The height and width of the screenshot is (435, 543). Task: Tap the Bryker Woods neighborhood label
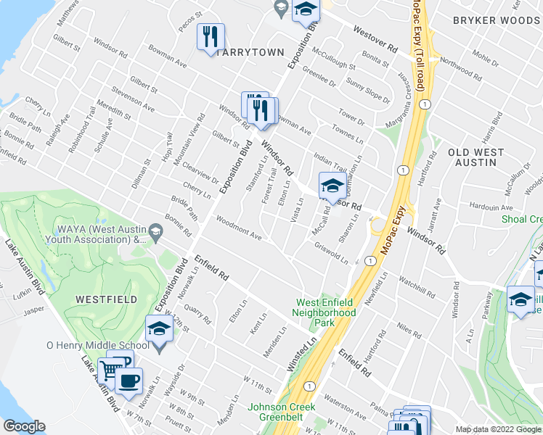496,21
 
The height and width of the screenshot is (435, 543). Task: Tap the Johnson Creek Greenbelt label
282,412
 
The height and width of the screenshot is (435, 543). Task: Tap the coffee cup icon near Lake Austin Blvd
128,381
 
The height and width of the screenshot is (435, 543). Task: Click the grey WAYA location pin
155,232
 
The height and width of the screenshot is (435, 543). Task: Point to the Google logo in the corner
23,426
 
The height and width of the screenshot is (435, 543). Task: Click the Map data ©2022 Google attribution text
498,429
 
